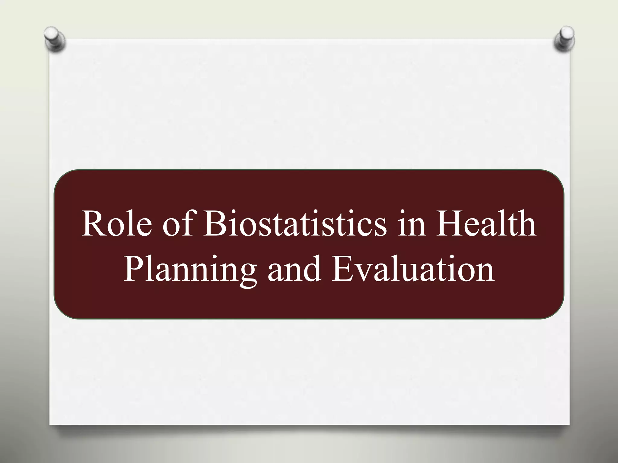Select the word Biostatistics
(295, 224)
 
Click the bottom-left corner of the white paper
(50, 424)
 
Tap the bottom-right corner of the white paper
(569, 424)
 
